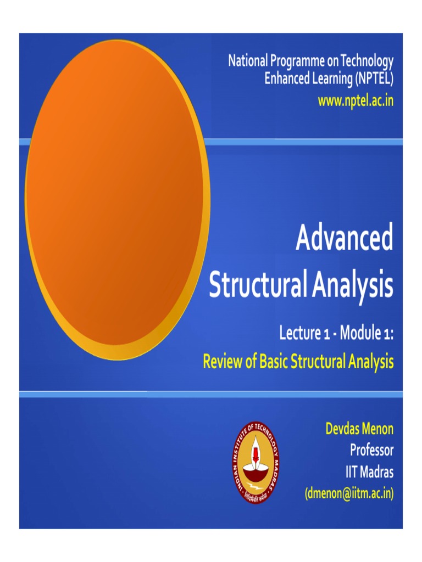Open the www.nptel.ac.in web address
click(x=356, y=101)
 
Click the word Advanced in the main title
click(x=345, y=239)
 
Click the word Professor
click(x=372, y=451)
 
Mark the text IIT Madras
click(x=366, y=472)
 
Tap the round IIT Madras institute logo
click(x=255, y=462)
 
